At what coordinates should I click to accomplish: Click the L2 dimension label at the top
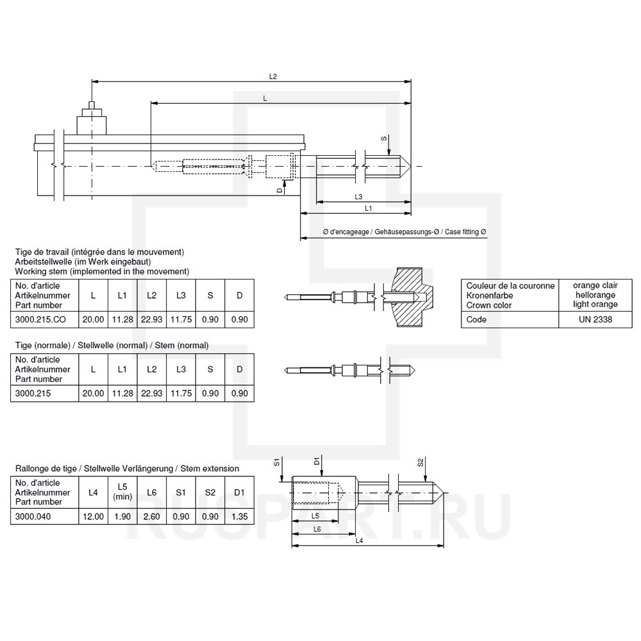pos(272,76)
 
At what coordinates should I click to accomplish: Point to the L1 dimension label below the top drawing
pos(369,209)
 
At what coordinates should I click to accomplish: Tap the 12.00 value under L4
pos(93,515)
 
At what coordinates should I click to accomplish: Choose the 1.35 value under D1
pos(239,515)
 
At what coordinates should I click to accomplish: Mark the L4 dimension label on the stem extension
pos(359,541)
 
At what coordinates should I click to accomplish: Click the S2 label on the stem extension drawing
pos(420,462)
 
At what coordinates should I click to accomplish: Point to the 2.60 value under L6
pos(151,515)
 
